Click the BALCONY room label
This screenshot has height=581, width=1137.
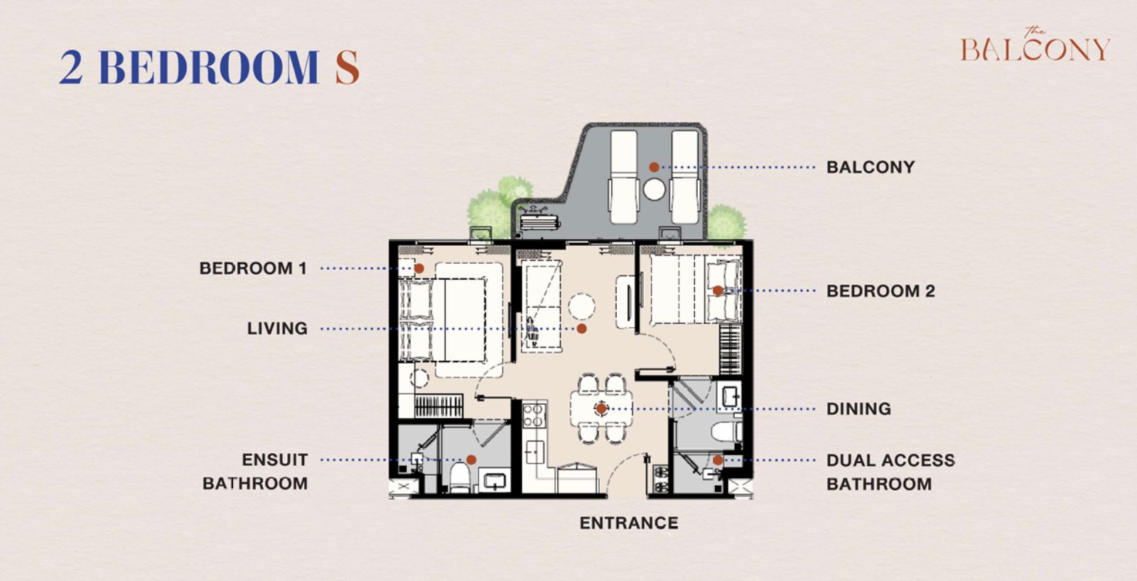870,167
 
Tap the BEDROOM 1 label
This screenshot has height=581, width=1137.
253,268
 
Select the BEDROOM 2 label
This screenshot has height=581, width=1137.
880,290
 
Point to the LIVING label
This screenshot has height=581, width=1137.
277,328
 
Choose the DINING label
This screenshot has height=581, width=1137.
858,408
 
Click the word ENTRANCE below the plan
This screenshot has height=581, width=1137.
629,523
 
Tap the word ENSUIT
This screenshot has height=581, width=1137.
274,460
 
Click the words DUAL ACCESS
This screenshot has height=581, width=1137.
890,460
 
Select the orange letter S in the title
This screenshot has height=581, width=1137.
347,67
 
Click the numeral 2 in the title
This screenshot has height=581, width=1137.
71,67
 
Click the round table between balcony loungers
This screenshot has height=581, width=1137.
654,189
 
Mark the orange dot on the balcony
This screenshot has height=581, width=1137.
654,167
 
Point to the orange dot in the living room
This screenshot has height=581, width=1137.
582,329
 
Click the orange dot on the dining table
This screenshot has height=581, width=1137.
601,408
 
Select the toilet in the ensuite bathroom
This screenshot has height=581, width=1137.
460,477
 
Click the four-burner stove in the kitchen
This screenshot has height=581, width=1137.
534,415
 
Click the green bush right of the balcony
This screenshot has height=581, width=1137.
726,222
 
